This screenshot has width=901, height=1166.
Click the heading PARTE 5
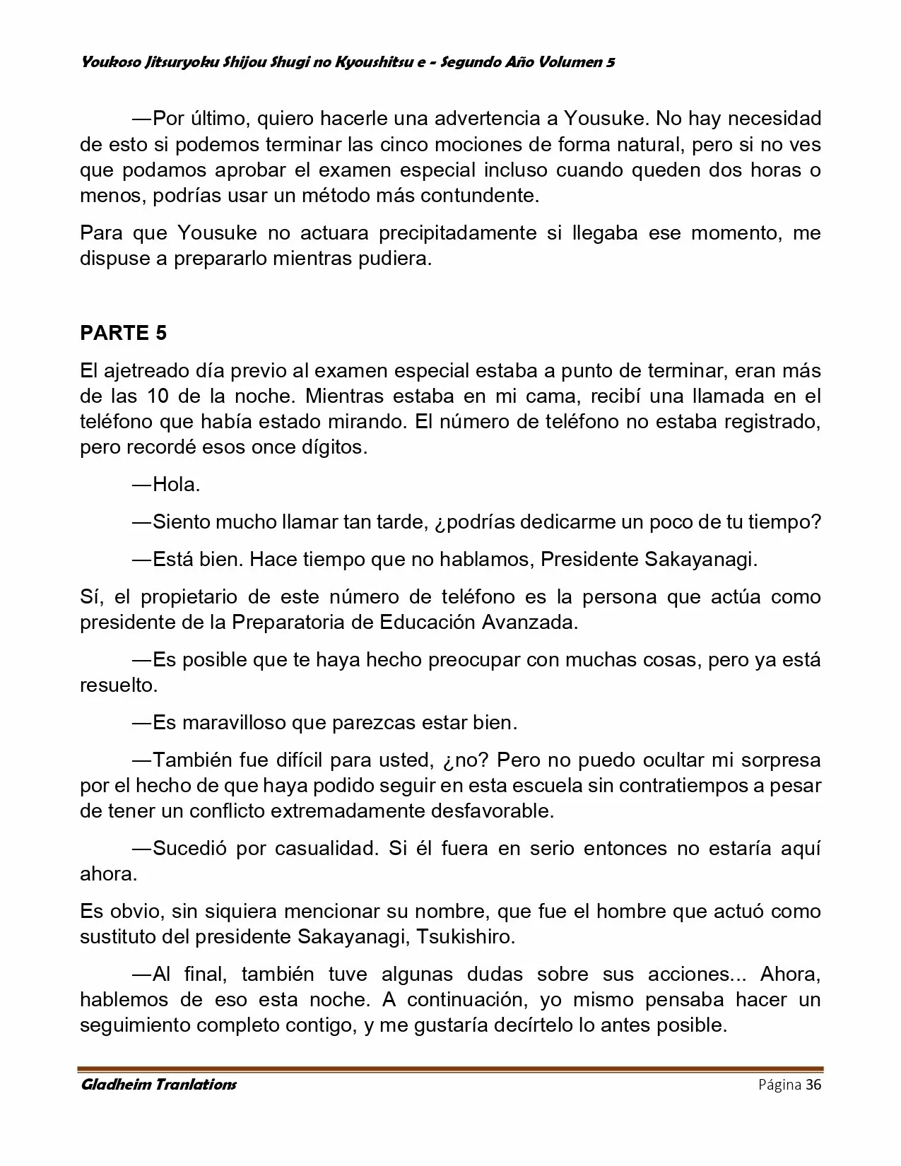(124, 333)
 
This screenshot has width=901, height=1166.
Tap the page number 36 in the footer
(813, 1085)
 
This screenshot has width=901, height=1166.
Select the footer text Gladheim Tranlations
(158, 1085)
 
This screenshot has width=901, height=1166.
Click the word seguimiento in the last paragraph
(134, 1025)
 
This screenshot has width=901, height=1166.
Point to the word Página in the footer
(779, 1085)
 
